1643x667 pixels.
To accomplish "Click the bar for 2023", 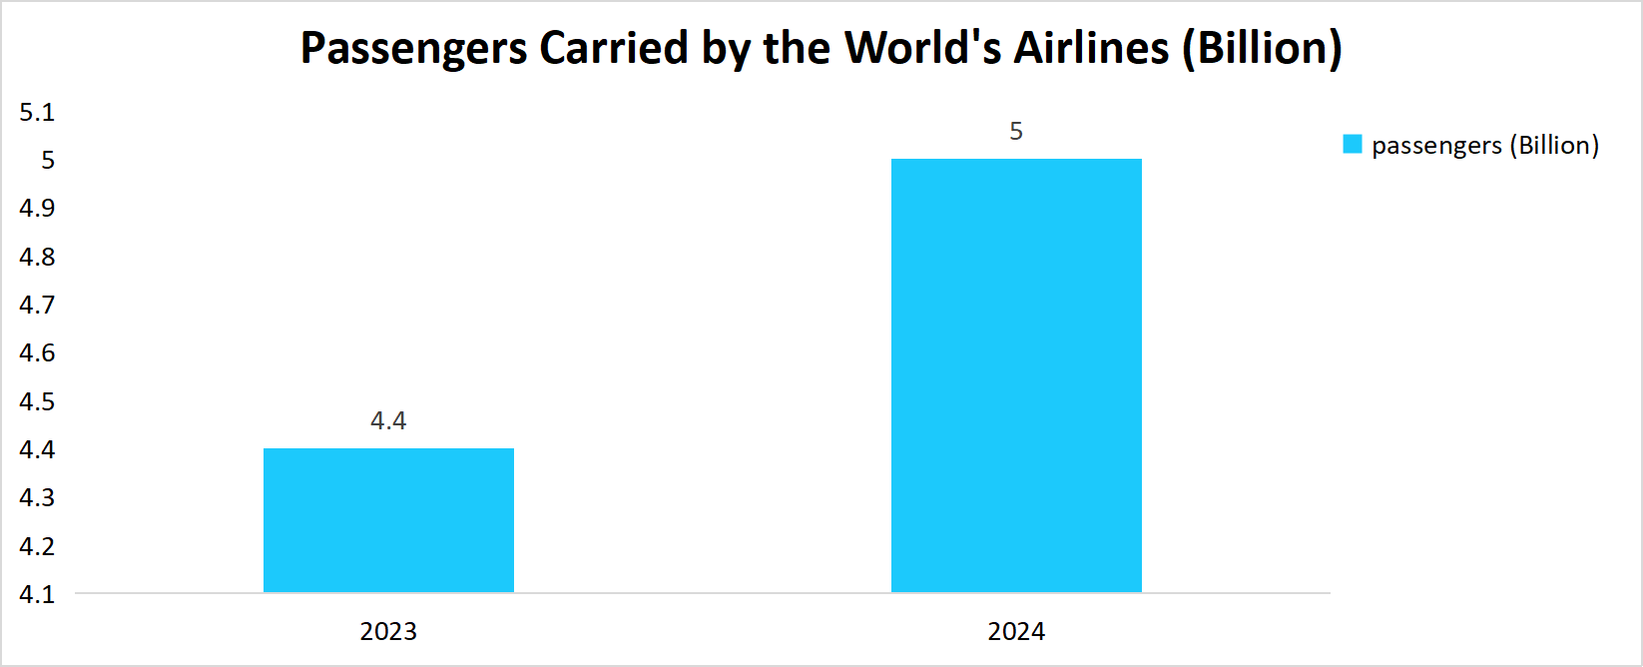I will pos(388,520).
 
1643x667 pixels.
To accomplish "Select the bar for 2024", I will pos(1016,375).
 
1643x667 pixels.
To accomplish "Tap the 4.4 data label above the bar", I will pos(388,420).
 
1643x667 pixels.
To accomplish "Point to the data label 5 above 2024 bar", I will pos(1016,132).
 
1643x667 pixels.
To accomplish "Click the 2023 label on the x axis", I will pos(388,631).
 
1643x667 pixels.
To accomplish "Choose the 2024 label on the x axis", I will pos(1016,631).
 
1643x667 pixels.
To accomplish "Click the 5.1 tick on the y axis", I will pos(37,112).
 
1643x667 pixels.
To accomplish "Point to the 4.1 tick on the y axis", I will pos(37,594).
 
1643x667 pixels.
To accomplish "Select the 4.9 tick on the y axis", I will pos(37,208).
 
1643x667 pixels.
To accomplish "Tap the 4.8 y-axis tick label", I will pos(37,257).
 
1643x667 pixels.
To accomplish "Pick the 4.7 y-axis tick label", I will pos(37,305).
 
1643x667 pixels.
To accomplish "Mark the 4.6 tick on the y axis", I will pos(37,352).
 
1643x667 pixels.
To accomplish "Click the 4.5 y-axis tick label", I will pos(37,401).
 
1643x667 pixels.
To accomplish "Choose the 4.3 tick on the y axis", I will pos(37,497).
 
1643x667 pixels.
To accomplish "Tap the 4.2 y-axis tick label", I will pos(37,546).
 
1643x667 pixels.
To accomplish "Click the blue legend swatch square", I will pos(1353,145).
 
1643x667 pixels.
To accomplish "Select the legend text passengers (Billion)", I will pos(1485,146).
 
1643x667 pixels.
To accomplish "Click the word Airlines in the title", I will pos(1091,48).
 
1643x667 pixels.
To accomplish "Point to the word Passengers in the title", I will pos(413,48).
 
